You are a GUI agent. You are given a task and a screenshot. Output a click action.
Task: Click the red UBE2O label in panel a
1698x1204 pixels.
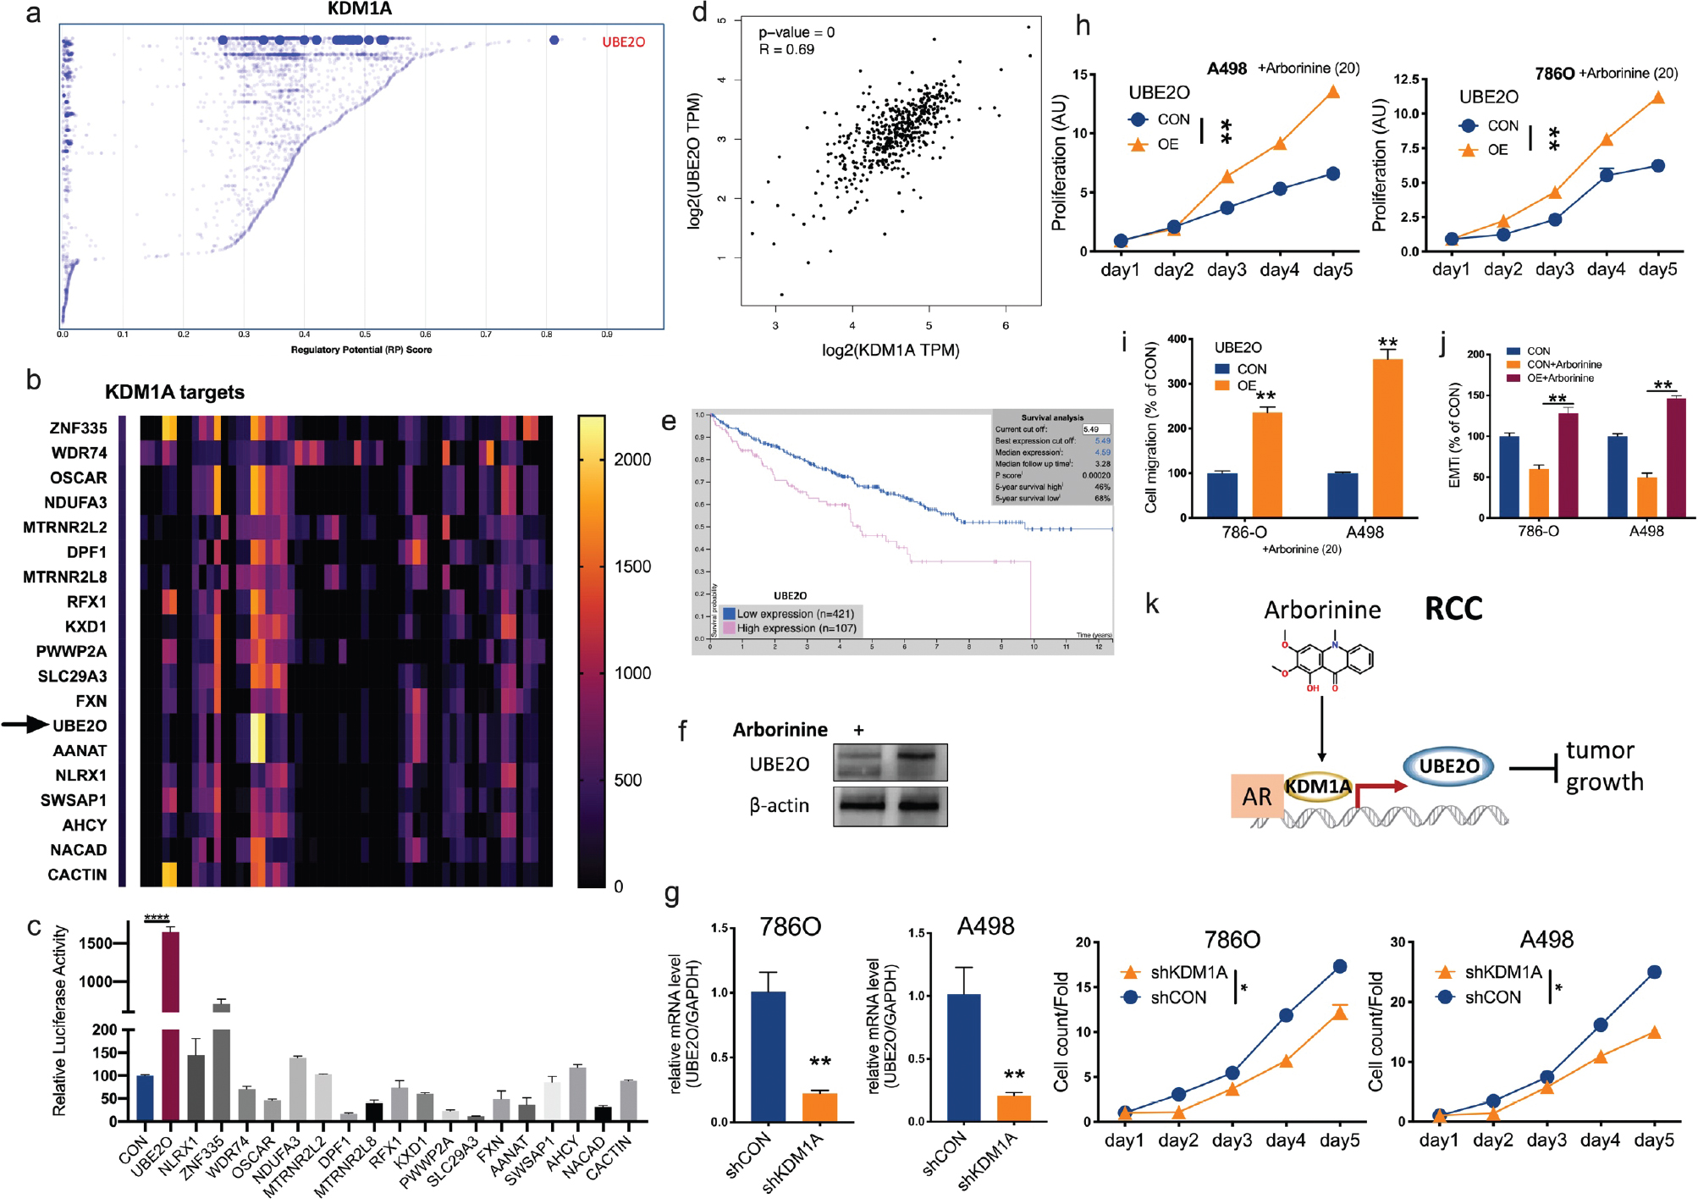pyautogui.click(x=623, y=41)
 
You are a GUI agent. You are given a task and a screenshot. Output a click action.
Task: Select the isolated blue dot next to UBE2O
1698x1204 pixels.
pyautogui.click(x=554, y=40)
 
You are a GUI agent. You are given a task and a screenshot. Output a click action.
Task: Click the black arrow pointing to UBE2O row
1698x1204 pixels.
pyautogui.click(x=25, y=724)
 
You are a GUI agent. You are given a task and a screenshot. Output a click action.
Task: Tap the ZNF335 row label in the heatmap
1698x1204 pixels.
pyautogui.click(x=78, y=428)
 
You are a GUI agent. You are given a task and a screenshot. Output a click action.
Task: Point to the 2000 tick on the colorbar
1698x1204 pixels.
pyautogui.click(x=631, y=459)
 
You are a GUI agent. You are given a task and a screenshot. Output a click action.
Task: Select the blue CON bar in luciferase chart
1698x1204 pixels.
pyautogui.click(x=145, y=1098)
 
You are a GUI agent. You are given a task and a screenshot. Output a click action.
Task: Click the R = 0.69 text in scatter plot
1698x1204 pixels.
pyautogui.click(x=786, y=50)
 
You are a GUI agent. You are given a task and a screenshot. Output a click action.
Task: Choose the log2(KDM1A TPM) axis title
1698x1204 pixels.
pyautogui.click(x=890, y=350)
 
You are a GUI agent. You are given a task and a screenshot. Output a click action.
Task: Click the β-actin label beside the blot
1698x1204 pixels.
pyautogui.click(x=779, y=805)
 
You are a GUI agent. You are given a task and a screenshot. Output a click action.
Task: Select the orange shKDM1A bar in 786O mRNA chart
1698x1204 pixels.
pyautogui.click(x=819, y=1107)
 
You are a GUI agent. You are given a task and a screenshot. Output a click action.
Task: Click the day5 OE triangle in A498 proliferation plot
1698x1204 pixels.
pyautogui.click(x=1333, y=91)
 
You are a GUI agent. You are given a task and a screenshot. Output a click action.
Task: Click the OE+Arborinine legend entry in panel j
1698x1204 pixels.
pyautogui.click(x=1559, y=378)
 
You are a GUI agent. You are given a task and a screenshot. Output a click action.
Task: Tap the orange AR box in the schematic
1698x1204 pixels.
pyautogui.click(x=1257, y=796)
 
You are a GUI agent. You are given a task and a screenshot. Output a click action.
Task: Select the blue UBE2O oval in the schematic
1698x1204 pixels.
pyautogui.click(x=1448, y=766)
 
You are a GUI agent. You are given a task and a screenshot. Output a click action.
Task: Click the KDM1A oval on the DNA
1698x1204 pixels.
pyautogui.click(x=1318, y=787)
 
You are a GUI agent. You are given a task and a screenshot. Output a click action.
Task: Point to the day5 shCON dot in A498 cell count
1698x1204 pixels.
pyautogui.click(x=1654, y=972)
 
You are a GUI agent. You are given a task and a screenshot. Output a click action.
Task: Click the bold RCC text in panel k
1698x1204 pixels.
pyautogui.click(x=1453, y=609)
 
